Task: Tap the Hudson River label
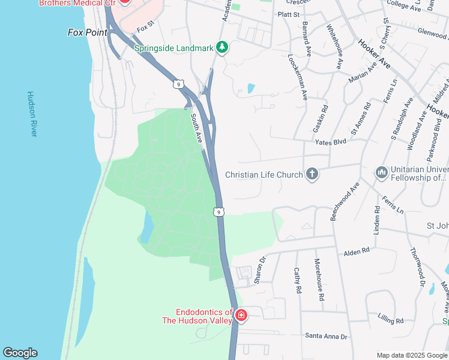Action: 32,114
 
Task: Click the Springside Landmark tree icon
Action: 222,47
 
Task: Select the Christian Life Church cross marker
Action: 312,175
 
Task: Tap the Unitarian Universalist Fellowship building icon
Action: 381,173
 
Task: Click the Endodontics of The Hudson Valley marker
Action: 241,315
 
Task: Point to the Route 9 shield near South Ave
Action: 178,84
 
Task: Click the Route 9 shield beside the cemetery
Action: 219,212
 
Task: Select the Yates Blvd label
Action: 331,142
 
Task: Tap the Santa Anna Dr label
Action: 327,337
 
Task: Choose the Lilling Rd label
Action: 391,318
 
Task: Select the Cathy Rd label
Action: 297,280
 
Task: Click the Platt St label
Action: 288,14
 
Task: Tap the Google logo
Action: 20,353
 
